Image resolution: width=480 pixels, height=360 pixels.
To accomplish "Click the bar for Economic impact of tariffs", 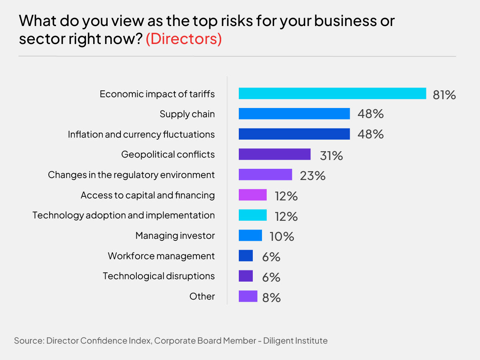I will click(x=332, y=94).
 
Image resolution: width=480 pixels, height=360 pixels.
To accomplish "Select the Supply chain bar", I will click(x=294, y=114).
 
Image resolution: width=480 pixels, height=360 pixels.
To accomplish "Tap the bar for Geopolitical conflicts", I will click(x=274, y=154).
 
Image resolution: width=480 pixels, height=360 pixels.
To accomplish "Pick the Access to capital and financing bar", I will click(x=252, y=195).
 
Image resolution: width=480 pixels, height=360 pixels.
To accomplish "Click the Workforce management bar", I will click(x=246, y=256).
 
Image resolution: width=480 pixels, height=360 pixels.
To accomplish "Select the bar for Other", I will click(x=248, y=296).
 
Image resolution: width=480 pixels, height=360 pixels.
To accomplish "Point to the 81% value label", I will click(x=444, y=95).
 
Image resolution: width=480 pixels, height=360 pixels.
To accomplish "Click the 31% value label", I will click(x=331, y=156).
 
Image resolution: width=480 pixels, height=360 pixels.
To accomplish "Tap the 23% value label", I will click(x=312, y=176).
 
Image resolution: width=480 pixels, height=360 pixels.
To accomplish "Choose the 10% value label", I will click(x=282, y=236).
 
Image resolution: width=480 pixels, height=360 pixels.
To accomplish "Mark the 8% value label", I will click(x=271, y=297).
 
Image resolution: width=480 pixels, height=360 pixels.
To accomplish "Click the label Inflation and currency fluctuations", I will click(x=141, y=134).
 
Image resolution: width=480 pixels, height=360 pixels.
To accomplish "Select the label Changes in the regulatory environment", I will click(x=131, y=175).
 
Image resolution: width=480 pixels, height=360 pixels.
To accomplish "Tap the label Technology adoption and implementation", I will click(x=124, y=215).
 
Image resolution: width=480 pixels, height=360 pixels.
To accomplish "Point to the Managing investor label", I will click(x=175, y=236).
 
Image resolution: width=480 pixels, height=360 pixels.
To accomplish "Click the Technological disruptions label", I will click(x=159, y=276).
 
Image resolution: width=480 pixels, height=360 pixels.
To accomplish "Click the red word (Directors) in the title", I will click(x=184, y=40).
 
